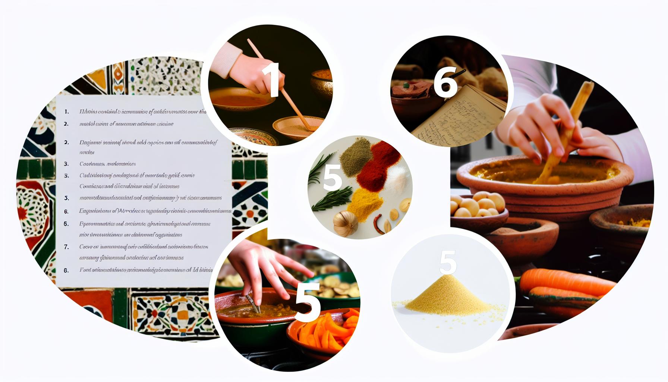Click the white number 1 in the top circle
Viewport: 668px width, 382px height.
271,79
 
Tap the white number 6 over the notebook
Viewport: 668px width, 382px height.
445,83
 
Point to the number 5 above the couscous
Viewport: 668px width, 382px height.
448,262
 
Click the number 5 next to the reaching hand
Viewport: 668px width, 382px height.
308,302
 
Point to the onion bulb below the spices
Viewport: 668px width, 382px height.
345,223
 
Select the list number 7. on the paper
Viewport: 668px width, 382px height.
66,247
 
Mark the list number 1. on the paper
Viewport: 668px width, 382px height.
66,112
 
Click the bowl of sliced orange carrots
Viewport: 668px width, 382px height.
324,330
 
